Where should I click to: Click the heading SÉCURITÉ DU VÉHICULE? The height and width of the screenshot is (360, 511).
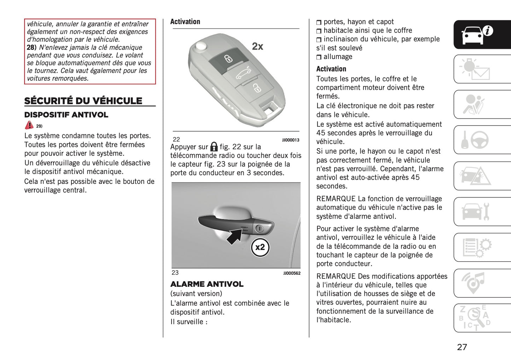(x=83, y=101)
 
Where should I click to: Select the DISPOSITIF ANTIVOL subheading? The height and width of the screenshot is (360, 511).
(x=66, y=115)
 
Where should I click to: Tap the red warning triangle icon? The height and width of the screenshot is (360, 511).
(x=29, y=125)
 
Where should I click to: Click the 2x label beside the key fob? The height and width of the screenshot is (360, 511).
(x=257, y=46)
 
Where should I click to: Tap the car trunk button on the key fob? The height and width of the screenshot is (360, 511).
(x=243, y=74)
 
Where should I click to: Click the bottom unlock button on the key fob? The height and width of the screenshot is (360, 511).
(x=256, y=88)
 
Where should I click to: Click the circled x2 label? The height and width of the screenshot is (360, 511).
(x=260, y=247)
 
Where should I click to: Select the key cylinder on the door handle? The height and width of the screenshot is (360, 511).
(x=260, y=229)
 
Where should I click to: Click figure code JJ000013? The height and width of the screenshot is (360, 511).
(x=290, y=140)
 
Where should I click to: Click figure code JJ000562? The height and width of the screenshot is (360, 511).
(x=292, y=273)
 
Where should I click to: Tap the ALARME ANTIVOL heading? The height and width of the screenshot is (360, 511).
(x=207, y=284)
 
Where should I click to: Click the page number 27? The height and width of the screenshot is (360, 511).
(x=462, y=347)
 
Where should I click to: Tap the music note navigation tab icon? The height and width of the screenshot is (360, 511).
(x=474, y=283)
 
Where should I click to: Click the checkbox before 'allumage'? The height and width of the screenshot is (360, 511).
(x=319, y=57)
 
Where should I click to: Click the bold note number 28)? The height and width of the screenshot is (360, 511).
(x=31, y=47)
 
